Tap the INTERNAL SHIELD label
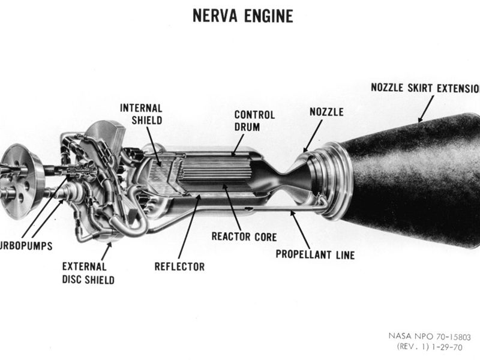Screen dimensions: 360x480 pyautogui.click(x=141, y=114)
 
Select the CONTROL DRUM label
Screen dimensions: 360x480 pyautogui.click(x=254, y=120)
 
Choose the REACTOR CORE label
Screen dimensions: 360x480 pyautogui.click(x=244, y=236)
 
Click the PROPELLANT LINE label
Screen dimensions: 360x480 pyautogui.click(x=315, y=254)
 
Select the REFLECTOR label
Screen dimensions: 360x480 pyautogui.click(x=179, y=266)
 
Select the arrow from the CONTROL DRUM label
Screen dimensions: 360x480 pyautogui.click(x=239, y=143)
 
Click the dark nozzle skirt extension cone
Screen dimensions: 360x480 pyautogui.click(x=414, y=180)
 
